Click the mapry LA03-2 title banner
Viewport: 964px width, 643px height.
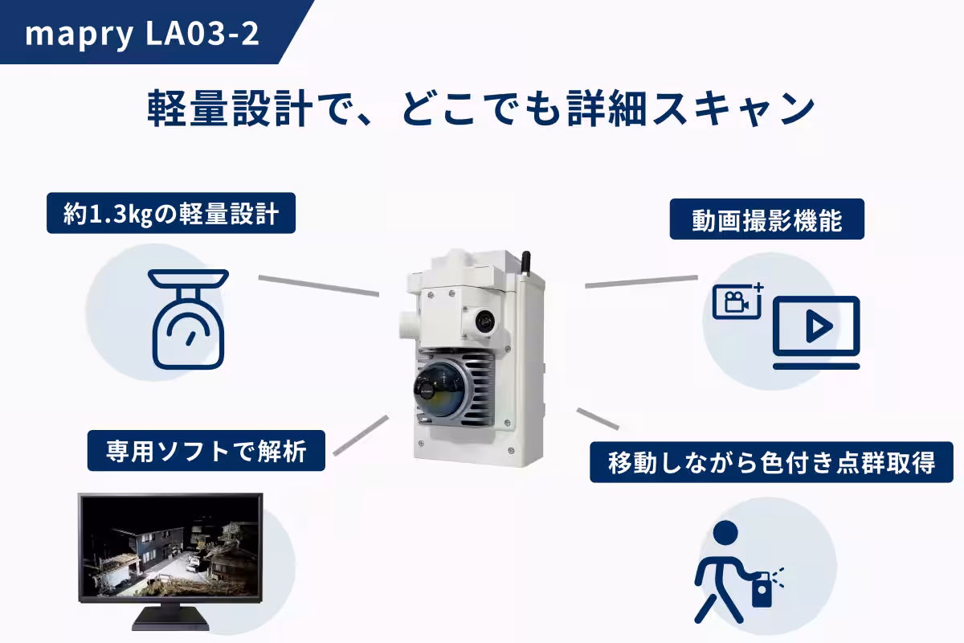coord(145,35)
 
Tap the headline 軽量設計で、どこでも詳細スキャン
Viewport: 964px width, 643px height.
coord(481,109)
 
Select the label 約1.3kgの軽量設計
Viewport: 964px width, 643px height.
coord(171,215)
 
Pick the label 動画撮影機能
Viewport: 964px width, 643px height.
coord(766,220)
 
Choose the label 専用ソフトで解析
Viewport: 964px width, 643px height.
coord(206,451)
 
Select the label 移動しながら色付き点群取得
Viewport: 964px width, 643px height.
coord(771,462)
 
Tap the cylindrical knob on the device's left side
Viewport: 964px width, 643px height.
coord(406,325)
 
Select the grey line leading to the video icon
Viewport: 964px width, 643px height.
coord(641,281)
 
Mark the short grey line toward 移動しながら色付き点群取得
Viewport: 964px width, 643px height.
coord(598,418)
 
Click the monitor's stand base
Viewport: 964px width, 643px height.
coord(170,622)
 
